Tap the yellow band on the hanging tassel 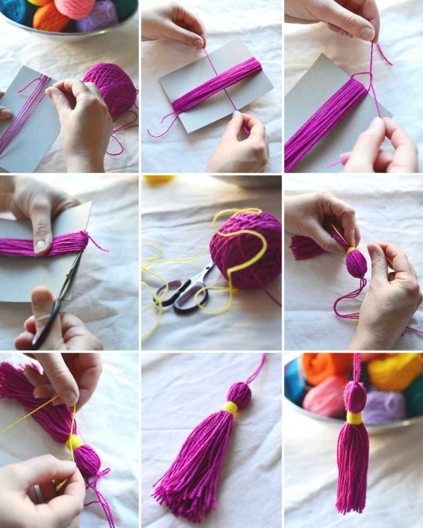(x=355, y=417)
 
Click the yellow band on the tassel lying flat (x=230, y=407)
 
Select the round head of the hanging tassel (x=355, y=397)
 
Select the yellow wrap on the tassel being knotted (x=74, y=443)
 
